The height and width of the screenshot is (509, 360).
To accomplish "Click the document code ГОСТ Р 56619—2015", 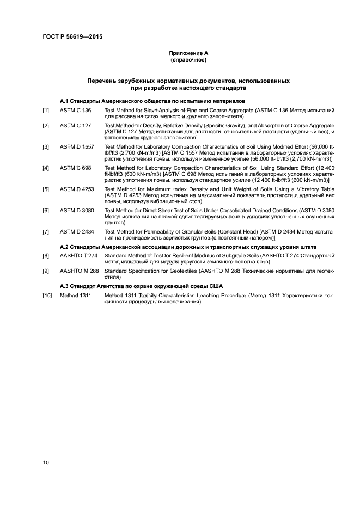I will point(73,37).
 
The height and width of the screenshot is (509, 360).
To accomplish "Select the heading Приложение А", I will point(188,53).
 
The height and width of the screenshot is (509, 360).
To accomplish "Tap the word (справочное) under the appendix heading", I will point(188,60).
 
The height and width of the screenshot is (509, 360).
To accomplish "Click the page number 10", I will point(46,463).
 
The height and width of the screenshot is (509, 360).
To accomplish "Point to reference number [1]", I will point(46,111).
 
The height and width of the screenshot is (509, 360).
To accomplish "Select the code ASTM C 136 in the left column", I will point(75,111).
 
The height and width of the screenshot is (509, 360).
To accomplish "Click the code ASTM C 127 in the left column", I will point(75,126).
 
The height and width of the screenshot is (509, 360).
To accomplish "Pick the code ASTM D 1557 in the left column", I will point(77,146).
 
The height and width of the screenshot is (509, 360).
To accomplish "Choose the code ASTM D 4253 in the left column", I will point(77,188).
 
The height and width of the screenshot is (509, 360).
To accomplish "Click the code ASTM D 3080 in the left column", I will point(77,210).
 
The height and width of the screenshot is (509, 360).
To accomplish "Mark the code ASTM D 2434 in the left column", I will point(77,231).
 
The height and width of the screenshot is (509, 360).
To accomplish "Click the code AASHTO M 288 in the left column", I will point(80,271).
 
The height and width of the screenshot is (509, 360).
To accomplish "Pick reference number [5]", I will point(46,188).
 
